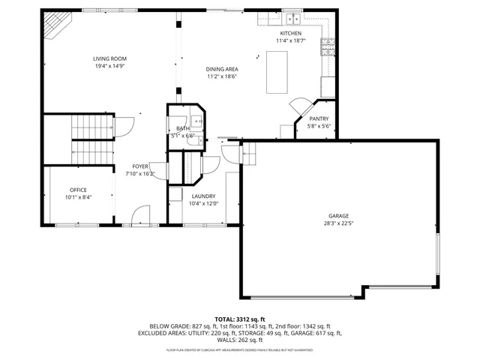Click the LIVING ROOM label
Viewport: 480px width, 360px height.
[109, 58]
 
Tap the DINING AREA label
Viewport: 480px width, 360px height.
[222, 69]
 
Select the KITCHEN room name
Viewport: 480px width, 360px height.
[290, 34]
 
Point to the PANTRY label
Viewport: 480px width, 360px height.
[319, 118]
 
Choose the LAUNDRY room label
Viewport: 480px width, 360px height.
[203, 196]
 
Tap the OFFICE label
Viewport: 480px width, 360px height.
[79, 190]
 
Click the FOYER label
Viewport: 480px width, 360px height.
[140, 166]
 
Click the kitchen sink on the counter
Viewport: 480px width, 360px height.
[291, 19]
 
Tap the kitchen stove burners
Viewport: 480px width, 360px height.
[328, 47]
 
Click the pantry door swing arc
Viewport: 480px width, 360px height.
[298, 106]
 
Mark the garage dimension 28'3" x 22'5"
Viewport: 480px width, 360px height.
[338, 222]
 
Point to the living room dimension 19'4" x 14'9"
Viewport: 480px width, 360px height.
[109, 66]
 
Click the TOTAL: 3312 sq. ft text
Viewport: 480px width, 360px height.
[240, 319]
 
